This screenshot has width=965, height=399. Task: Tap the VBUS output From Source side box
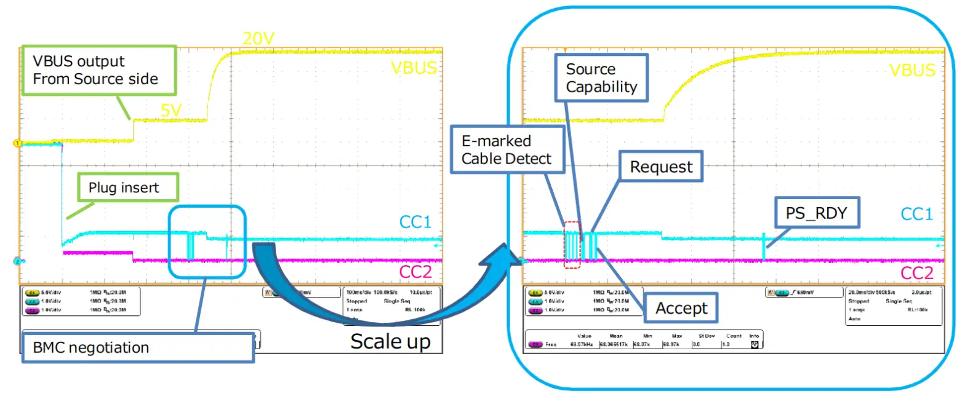[99, 70]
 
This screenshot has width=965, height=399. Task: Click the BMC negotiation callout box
[138, 347]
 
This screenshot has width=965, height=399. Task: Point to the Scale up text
[390, 341]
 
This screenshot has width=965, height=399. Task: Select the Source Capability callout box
[601, 77]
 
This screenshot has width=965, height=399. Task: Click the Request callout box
[661, 167]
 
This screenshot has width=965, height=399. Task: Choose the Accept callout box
[681, 308]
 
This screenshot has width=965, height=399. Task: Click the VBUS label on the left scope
[414, 68]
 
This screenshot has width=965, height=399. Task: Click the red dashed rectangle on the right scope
[572, 245]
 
